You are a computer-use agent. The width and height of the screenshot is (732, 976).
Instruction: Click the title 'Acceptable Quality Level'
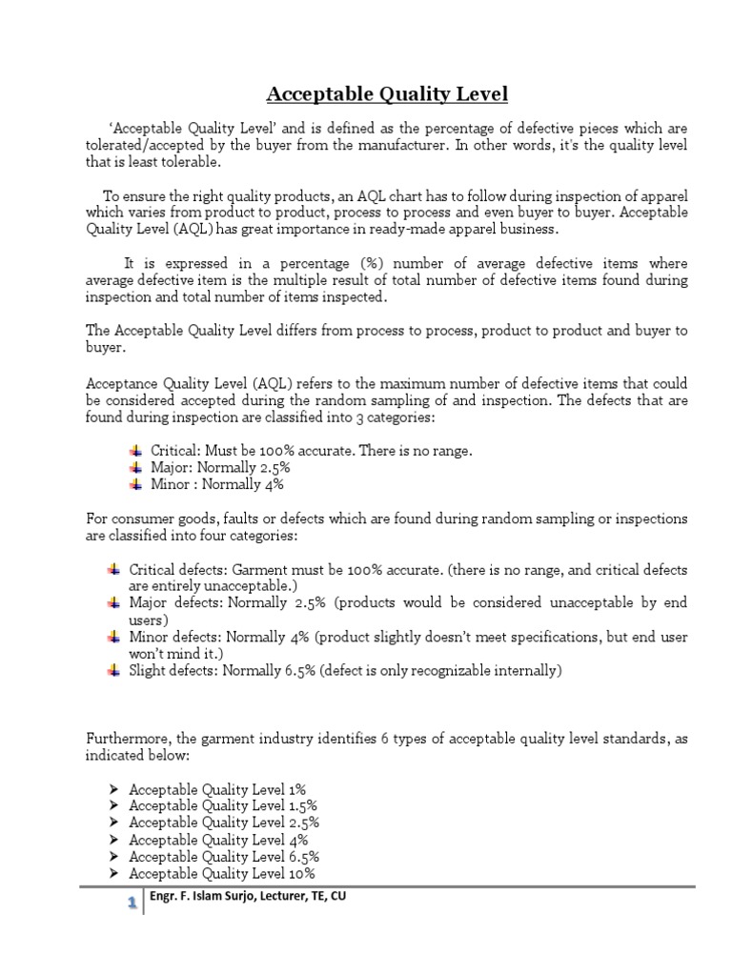click(x=387, y=93)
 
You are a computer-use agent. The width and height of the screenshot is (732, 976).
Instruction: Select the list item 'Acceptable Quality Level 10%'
click(x=222, y=873)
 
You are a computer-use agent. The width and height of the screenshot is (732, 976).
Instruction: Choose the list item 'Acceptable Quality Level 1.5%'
click(x=223, y=805)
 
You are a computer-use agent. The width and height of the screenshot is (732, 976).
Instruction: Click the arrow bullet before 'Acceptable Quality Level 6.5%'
click(x=112, y=856)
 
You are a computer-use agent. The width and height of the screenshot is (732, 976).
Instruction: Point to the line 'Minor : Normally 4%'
click(x=217, y=484)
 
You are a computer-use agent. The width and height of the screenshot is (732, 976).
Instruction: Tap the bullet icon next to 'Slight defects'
click(x=112, y=670)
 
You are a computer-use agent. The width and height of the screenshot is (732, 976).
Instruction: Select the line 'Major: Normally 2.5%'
click(x=220, y=467)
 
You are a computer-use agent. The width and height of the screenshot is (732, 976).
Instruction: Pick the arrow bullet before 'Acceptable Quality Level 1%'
click(x=112, y=788)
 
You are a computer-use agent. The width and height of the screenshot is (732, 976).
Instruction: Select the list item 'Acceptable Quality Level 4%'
click(x=218, y=840)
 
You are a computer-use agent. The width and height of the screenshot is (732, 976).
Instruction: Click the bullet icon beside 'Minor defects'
click(x=112, y=636)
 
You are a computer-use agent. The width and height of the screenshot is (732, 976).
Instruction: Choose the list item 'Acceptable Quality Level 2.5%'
click(x=224, y=823)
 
